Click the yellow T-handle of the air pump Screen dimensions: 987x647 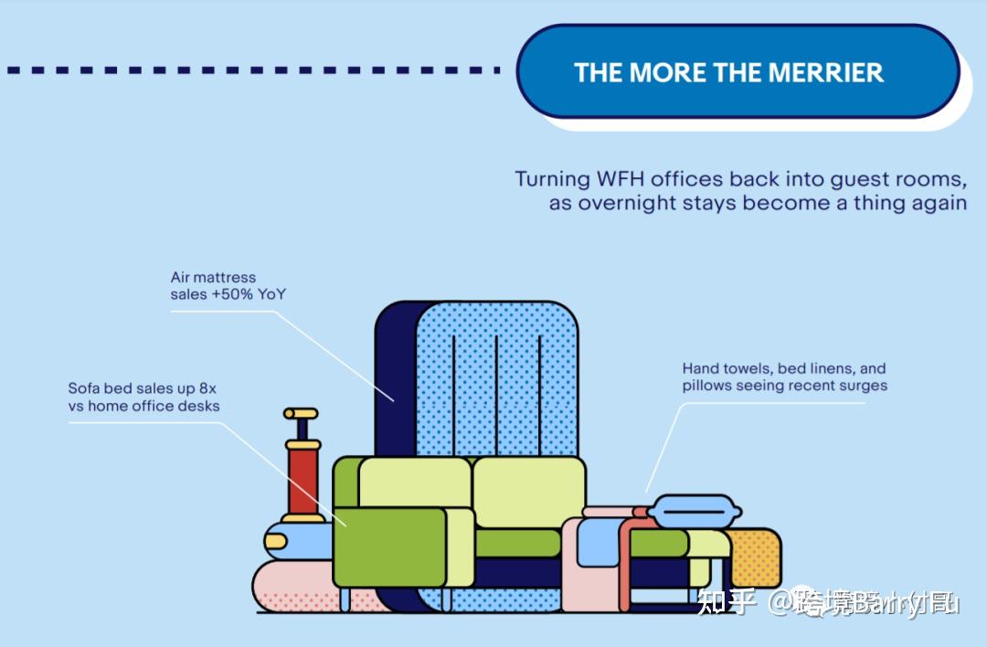point(300,414)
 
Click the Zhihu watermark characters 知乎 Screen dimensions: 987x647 point(727,603)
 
